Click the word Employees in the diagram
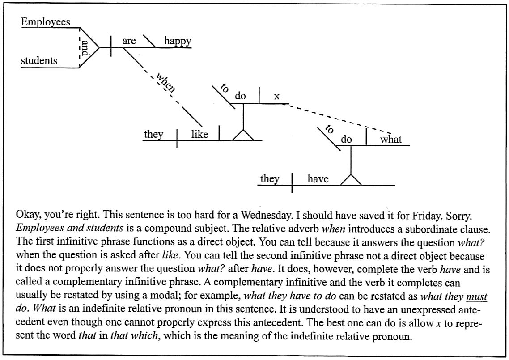[x=46, y=22]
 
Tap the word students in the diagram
[x=39, y=60]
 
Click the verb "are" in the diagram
[x=129, y=41]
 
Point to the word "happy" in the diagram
[x=178, y=41]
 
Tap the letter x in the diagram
[x=277, y=96]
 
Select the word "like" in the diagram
[x=199, y=134]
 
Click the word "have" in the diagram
[x=318, y=179]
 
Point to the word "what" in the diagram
[x=391, y=139]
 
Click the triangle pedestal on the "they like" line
[x=243, y=135]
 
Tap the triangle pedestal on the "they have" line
[x=351, y=180]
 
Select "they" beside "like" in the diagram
[x=153, y=134]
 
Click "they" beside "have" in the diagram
[x=270, y=179]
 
